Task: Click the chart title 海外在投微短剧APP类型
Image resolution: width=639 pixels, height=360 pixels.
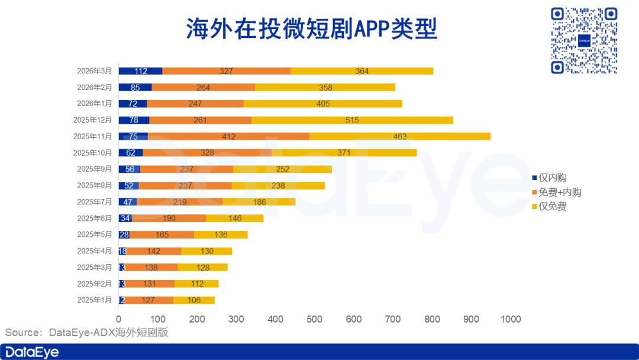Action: (x=312, y=28)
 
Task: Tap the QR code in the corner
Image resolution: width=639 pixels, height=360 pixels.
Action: (x=584, y=41)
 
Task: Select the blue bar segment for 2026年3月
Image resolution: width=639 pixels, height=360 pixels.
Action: (x=140, y=71)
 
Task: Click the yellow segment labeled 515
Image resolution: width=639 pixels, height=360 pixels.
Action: (x=352, y=120)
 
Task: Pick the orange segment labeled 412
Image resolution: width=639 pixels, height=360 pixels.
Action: (x=228, y=136)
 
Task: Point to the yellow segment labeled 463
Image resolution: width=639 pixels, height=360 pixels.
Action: (x=400, y=136)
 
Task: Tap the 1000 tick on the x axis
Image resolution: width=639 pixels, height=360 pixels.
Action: (x=510, y=319)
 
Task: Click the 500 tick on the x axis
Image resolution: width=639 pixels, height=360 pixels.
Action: (x=314, y=319)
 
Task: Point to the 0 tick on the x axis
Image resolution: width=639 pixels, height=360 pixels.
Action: (x=119, y=319)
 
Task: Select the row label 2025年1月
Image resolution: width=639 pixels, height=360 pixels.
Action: (x=94, y=300)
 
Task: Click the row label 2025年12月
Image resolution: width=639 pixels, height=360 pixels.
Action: (x=92, y=120)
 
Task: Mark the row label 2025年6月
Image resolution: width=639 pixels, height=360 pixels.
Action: (x=94, y=218)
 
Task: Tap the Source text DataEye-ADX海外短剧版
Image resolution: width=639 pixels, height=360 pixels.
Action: (x=87, y=333)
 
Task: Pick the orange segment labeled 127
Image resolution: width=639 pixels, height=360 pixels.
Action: (x=149, y=300)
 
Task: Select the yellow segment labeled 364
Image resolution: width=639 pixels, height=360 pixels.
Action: (x=362, y=71)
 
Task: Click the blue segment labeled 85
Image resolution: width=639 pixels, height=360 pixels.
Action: (x=135, y=87)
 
